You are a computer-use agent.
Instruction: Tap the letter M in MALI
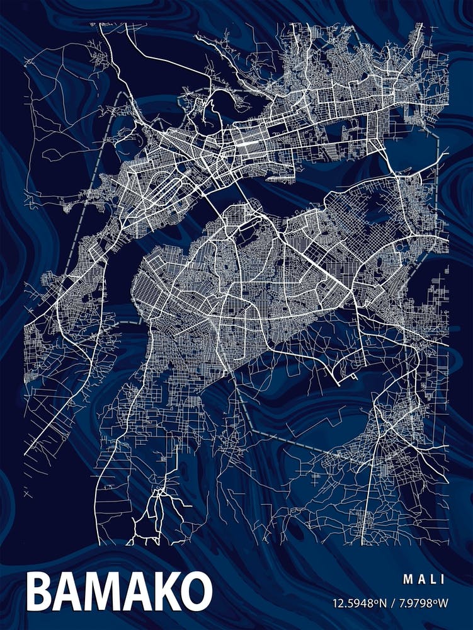tap(407, 578)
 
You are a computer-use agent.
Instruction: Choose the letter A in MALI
tap(421, 578)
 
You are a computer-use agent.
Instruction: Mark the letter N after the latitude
tap(383, 603)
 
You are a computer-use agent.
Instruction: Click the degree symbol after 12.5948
tap(377, 600)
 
